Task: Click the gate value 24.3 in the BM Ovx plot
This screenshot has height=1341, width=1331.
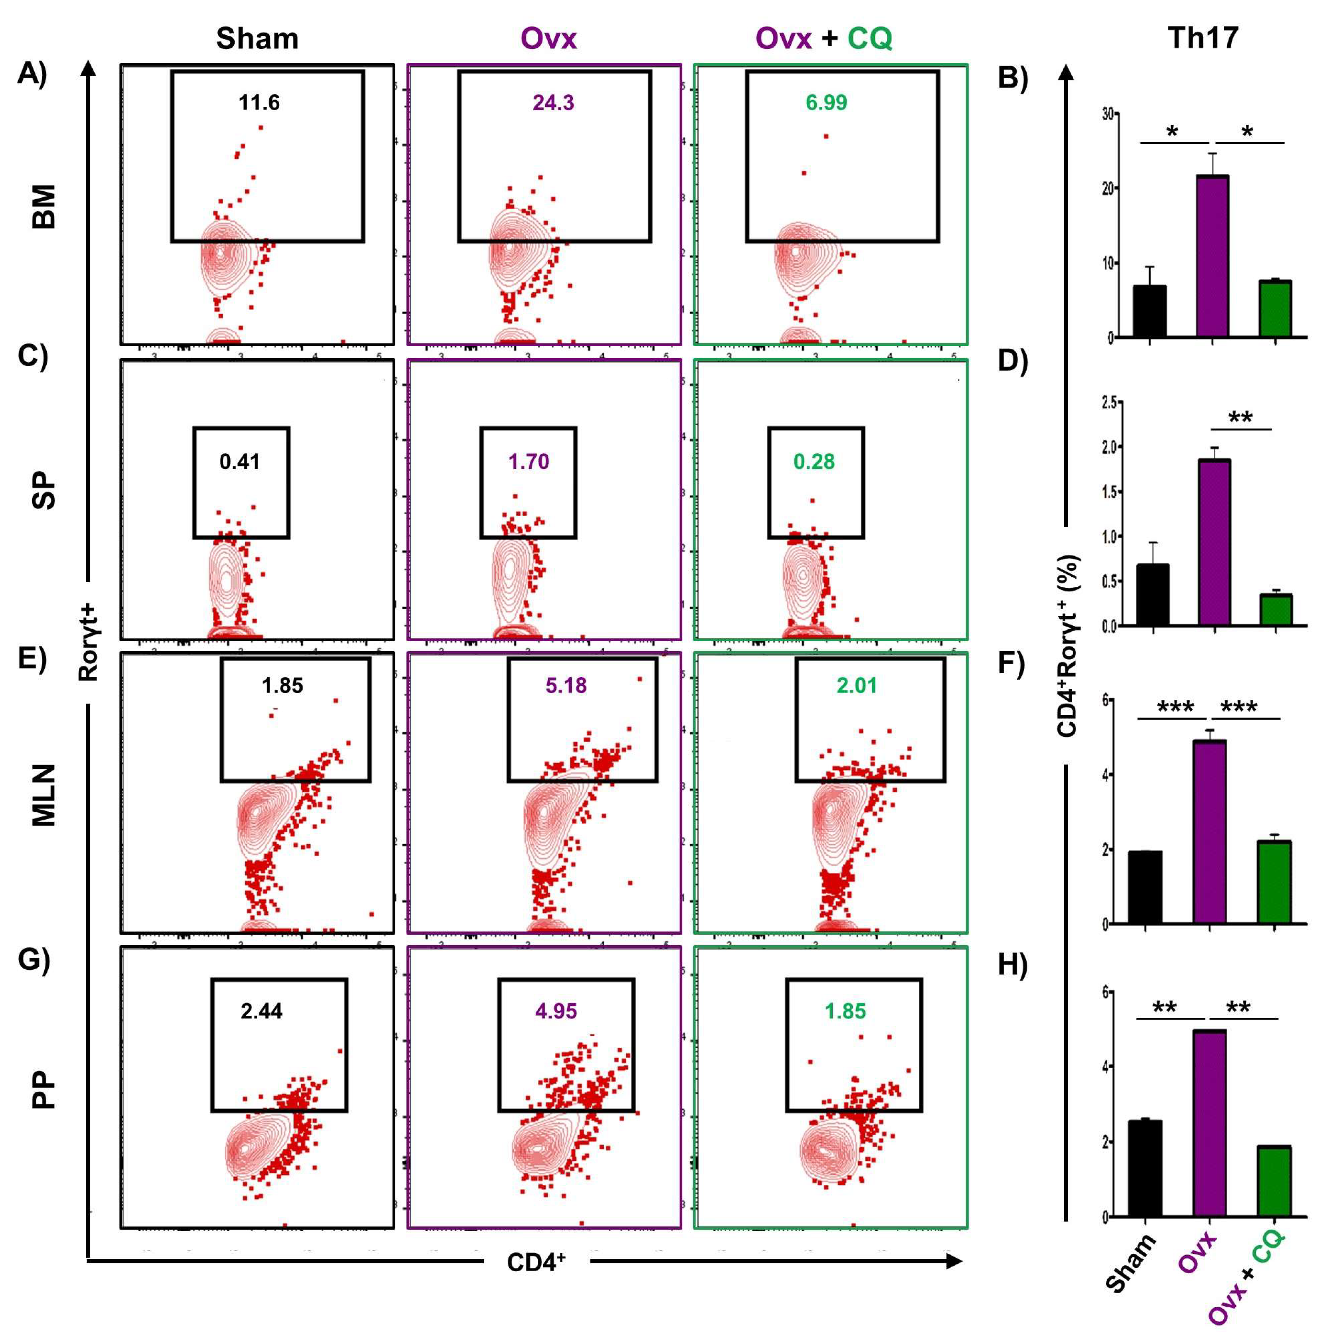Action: pyautogui.click(x=553, y=103)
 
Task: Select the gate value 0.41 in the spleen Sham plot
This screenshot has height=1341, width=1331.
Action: pyautogui.click(x=239, y=462)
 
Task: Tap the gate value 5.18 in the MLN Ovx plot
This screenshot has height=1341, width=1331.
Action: pyautogui.click(x=566, y=686)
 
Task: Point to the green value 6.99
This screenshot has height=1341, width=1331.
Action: pyautogui.click(x=826, y=103)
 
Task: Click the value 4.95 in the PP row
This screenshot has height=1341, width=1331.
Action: pyautogui.click(x=556, y=1011)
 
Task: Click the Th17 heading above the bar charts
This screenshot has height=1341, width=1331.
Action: pyautogui.click(x=1203, y=38)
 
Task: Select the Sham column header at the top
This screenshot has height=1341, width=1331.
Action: pyautogui.click(x=257, y=38)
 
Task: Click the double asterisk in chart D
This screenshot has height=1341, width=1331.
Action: pyautogui.click(x=1241, y=418)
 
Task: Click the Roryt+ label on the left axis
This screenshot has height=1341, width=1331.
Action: pyautogui.click(x=88, y=642)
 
